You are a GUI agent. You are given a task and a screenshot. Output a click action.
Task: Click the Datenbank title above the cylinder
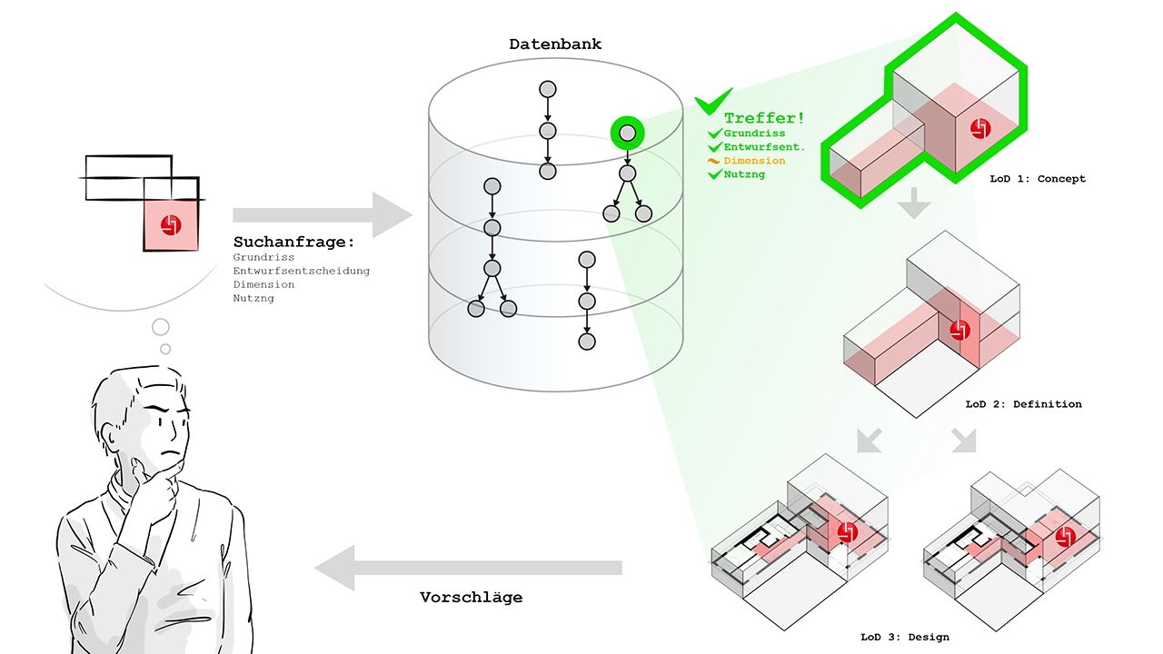[555, 45]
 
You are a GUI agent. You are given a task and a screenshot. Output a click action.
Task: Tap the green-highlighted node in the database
[627, 133]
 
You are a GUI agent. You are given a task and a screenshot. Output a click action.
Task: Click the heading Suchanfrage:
[293, 242]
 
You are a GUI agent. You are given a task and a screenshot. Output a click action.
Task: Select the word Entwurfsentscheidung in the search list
[301, 271]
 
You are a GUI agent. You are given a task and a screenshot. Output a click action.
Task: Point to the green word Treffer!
[764, 118]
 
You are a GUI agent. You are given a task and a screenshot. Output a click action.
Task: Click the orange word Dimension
[754, 161]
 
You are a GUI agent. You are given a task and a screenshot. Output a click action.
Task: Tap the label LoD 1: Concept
[1038, 179]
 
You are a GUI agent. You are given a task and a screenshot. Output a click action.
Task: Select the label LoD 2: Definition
[1023, 404]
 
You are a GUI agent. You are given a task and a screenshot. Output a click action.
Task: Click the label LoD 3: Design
[905, 637]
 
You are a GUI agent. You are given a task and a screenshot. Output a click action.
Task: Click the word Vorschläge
[471, 598]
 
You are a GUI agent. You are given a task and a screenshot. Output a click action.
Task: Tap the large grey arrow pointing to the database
[323, 215]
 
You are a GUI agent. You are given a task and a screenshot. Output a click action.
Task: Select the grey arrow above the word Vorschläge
[468, 568]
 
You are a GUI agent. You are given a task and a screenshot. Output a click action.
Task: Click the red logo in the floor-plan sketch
[171, 225]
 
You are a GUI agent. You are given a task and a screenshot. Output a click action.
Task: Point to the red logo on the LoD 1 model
[980, 128]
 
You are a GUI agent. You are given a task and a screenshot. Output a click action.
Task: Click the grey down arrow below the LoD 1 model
[914, 203]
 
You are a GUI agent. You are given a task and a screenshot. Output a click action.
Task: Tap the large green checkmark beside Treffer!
[713, 101]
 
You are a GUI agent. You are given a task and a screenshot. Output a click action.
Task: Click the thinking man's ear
[110, 435]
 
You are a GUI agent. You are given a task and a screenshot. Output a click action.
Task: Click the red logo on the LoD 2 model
[959, 330]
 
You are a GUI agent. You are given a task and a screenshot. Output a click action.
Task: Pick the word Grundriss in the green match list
[754, 134]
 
